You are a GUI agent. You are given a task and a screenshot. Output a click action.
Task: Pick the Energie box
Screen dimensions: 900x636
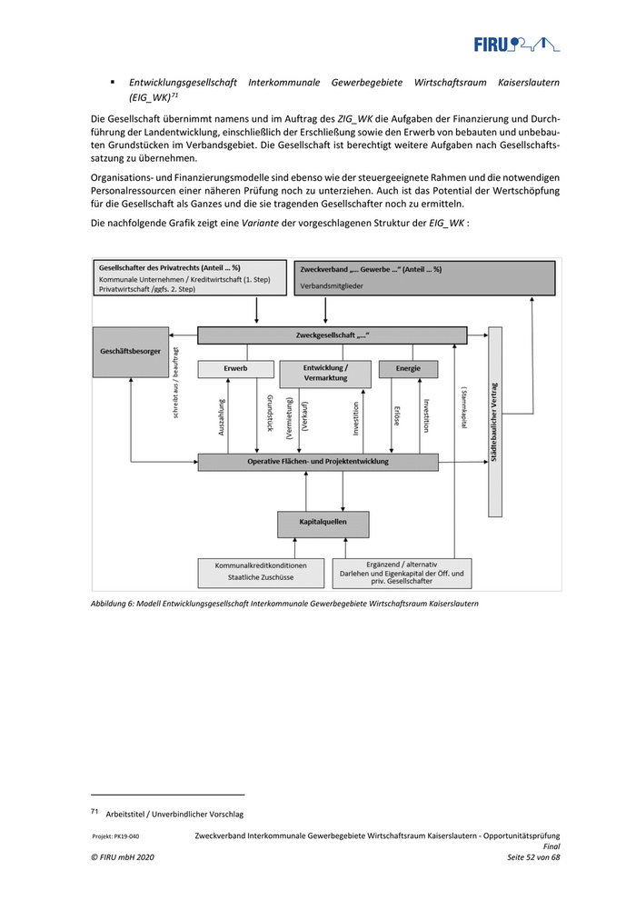[x=407, y=368]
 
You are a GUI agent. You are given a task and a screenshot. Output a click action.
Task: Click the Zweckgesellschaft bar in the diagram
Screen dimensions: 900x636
[x=333, y=335]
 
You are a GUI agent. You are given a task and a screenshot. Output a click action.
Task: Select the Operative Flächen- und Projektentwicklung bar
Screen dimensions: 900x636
[x=317, y=462]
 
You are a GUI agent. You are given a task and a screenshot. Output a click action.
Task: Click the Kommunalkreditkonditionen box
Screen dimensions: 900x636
[x=261, y=572]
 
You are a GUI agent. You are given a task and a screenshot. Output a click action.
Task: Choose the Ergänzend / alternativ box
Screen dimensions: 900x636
[x=402, y=572]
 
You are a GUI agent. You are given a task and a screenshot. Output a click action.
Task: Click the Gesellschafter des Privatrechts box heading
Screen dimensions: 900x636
[x=170, y=267]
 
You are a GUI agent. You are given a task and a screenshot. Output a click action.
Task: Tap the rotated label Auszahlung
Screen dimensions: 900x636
[x=222, y=418]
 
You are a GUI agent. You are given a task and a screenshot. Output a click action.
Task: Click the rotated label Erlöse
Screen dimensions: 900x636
[x=397, y=418]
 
